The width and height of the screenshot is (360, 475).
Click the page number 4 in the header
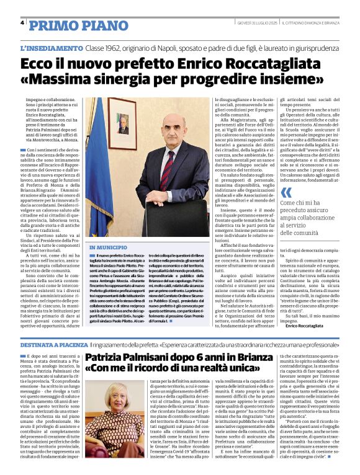coord(22,22)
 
